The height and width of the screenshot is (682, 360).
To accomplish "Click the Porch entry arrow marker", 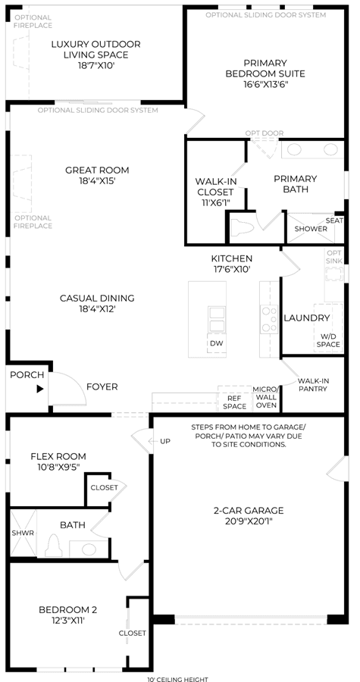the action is click(x=40, y=389).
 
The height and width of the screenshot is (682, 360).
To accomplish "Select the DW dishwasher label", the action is click(x=217, y=343).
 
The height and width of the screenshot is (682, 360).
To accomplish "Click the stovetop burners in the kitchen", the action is click(x=269, y=319).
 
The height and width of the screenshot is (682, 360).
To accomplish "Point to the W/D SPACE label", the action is click(x=328, y=340).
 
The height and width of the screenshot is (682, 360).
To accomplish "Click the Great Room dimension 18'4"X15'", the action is click(x=97, y=181).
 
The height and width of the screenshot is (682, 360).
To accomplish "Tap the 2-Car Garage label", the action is click(x=249, y=510).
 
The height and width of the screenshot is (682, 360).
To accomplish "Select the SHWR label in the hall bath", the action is click(x=20, y=533).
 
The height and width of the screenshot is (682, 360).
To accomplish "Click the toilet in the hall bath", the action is click(x=53, y=545).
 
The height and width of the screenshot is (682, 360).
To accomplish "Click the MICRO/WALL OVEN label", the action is click(x=266, y=397).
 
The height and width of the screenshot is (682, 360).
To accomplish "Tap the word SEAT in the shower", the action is click(x=334, y=221).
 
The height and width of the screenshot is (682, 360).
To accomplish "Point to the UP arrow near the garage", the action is click(x=159, y=442).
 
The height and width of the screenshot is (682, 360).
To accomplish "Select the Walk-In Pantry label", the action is click(x=312, y=385).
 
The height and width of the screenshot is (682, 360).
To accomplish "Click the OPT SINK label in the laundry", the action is click(x=334, y=257).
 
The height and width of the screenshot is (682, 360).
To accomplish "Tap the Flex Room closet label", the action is click(x=104, y=487).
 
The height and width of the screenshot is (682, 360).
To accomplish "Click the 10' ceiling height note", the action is click(x=177, y=679).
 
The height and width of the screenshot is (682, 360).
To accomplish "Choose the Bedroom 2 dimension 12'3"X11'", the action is click(x=67, y=621).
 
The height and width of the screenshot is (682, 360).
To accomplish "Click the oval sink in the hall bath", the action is click(x=89, y=549).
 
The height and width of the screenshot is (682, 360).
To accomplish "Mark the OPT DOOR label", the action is click(x=265, y=133).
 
